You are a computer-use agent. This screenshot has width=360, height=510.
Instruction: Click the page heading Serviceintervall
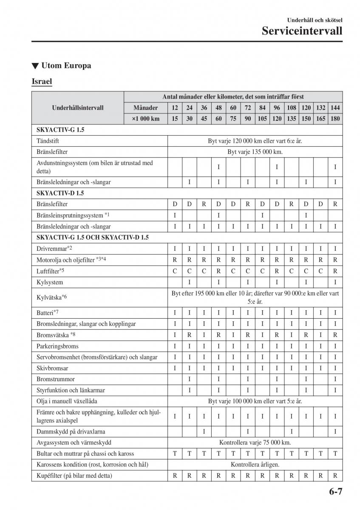[302, 31]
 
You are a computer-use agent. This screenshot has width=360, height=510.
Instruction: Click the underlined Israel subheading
[42, 81]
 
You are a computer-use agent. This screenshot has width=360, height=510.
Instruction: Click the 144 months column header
[335, 108]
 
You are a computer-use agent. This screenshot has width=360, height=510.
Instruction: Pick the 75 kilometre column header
[233, 119]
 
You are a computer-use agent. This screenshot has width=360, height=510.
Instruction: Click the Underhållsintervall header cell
[78, 108]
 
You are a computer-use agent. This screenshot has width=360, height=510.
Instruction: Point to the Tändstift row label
[48, 141]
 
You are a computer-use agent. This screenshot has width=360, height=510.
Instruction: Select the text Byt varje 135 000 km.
[255, 152]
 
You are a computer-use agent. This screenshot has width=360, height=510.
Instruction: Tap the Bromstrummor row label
[55, 379]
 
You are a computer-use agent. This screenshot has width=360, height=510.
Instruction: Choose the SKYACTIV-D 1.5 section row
[62, 193]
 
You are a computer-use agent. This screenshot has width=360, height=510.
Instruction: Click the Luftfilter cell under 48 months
[218, 271]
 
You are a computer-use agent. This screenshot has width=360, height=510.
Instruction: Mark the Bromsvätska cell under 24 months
[189, 335]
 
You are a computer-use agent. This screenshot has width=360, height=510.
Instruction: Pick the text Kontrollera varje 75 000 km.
[255, 442]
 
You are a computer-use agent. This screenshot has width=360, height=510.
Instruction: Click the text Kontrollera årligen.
[255, 465]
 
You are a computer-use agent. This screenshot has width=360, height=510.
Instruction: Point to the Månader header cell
[145, 108]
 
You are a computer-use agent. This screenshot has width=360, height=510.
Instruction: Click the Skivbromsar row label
[53, 368]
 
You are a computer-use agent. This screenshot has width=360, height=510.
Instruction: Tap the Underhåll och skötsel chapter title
[315, 20]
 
